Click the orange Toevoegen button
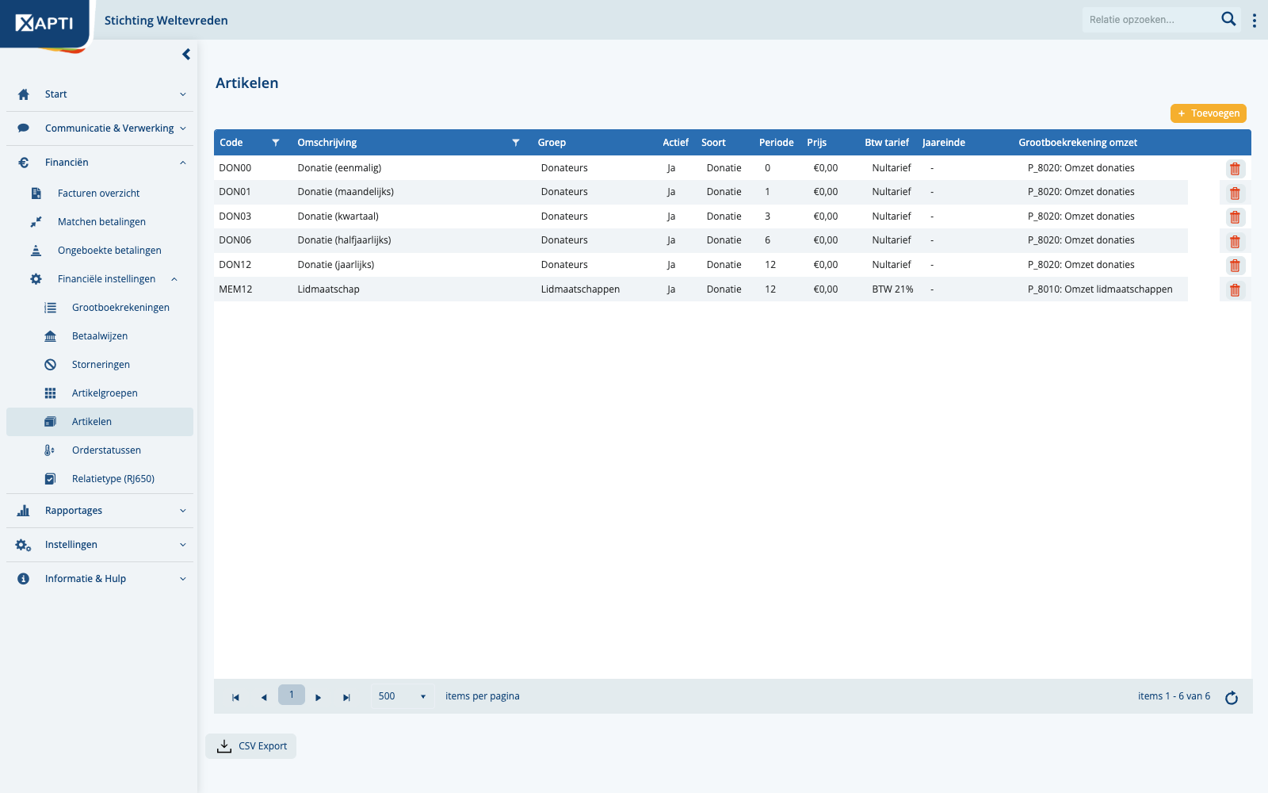[1208, 113]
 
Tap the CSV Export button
[250, 746]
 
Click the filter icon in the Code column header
[276, 142]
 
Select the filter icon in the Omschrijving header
[516, 142]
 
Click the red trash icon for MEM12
[1236, 290]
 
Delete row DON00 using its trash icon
[1236, 169]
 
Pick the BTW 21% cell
[892, 289]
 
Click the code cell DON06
[235, 240]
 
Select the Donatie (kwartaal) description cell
[338, 216]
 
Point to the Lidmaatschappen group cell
[580, 289]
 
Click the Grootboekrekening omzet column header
[1078, 142]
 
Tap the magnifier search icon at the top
[1228, 19]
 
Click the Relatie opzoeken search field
[1150, 20]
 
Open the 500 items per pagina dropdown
[402, 696]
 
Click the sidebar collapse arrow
[186, 55]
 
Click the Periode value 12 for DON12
[770, 265]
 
